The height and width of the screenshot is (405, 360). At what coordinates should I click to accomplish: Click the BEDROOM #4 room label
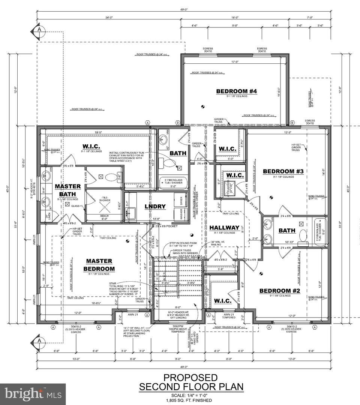236,91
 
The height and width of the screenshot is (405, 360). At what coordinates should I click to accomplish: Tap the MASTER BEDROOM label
99,265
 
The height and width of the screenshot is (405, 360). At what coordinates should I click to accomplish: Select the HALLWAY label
224,228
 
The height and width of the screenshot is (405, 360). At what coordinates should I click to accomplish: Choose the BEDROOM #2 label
275,291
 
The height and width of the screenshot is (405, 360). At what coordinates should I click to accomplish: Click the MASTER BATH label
67,190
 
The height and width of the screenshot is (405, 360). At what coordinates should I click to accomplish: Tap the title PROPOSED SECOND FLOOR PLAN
191,382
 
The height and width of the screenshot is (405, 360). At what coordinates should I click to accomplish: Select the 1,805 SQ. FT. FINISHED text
191,400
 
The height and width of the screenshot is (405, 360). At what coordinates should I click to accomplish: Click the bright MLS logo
33,394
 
